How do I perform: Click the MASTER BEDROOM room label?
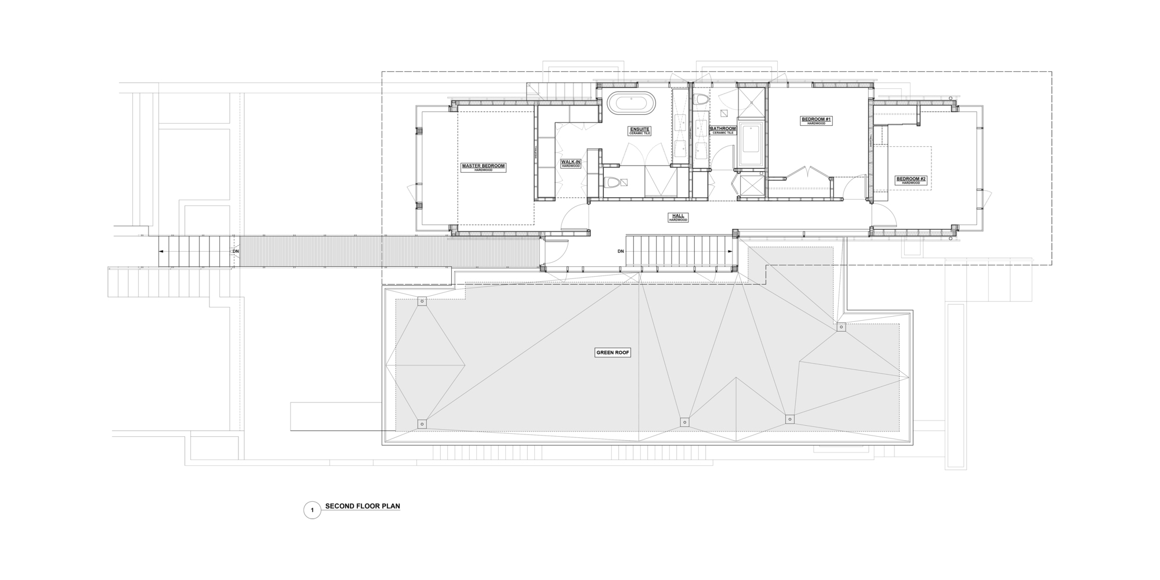[x=483, y=166]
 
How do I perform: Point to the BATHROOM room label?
[x=723, y=129]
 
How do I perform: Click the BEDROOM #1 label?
[x=816, y=120]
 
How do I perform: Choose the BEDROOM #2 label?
[x=911, y=179]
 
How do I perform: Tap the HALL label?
[x=678, y=216]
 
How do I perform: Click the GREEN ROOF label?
[x=612, y=353]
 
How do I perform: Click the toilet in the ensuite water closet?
[x=611, y=183]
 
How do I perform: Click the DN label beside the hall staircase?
[x=621, y=251]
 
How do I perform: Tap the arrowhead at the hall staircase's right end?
[x=729, y=251]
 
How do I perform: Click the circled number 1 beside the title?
[x=312, y=510]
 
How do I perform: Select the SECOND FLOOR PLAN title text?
[x=362, y=506]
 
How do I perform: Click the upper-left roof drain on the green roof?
[x=422, y=302]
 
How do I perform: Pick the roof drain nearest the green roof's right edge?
[x=841, y=327]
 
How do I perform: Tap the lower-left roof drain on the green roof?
[x=422, y=424]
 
